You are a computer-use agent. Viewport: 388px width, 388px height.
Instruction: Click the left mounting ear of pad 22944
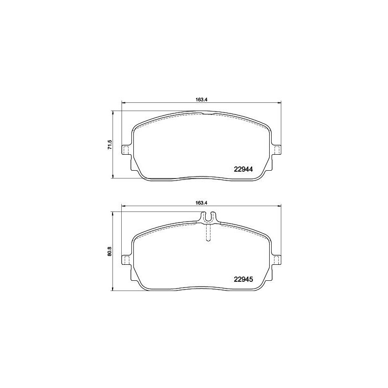126,150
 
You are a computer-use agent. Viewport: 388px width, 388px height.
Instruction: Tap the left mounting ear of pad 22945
126,260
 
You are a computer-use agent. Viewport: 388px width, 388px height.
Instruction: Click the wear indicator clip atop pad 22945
209,218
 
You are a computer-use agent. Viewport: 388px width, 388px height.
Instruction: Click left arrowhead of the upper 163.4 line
122,102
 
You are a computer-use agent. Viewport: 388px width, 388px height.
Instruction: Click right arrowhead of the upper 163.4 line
279,102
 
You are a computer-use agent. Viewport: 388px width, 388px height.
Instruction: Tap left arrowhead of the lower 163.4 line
122,207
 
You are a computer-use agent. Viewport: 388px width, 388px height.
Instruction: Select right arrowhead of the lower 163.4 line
279,207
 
